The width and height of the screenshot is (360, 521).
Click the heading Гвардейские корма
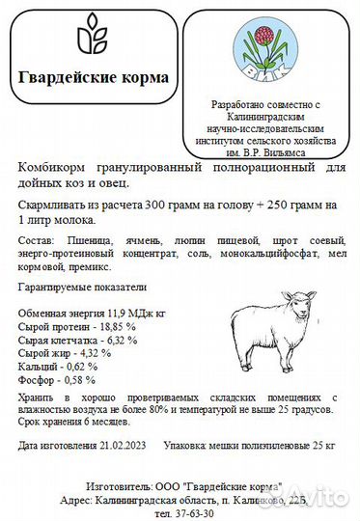[94, 77]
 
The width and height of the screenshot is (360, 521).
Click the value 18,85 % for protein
[115, 327]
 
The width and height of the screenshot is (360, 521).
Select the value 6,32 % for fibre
[121, 341]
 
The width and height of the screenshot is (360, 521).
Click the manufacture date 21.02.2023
[124, 446]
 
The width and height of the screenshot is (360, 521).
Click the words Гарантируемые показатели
[81, 287]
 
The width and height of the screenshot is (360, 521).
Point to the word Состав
[33, 237]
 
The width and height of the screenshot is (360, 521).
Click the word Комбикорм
[50, 167]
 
